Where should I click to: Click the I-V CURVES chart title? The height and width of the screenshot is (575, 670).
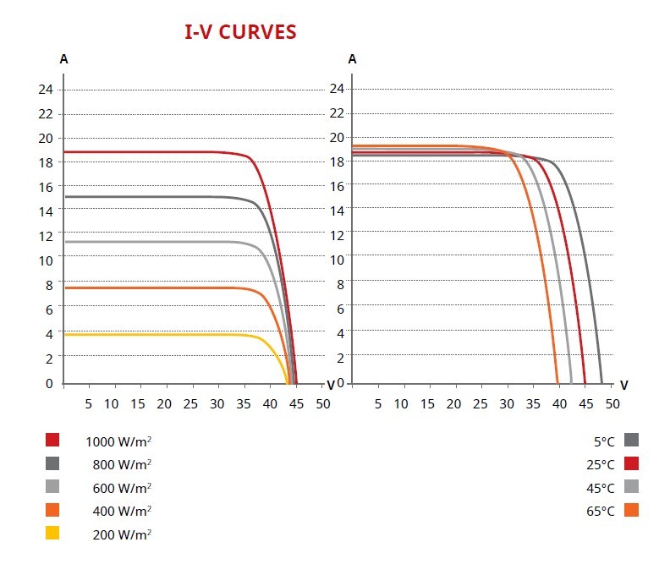click(240, 32)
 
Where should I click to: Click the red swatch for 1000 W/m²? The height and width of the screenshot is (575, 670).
click(52, 440)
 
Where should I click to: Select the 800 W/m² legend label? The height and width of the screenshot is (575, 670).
click(121, 464)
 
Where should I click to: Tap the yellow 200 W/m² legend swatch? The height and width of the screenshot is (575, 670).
click(52, 534)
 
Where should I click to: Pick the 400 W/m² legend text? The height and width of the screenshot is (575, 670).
click(121, 511)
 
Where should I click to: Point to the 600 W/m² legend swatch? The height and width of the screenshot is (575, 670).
click(52, 487)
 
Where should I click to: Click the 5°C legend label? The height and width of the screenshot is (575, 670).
click(603, 441)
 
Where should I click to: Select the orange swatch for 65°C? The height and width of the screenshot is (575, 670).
click(631, 511)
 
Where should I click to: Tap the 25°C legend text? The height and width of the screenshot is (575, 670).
click(600, 464)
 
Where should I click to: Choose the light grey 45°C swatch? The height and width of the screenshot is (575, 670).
click(631, 487)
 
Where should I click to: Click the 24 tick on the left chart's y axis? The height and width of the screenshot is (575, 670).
click(46, 89)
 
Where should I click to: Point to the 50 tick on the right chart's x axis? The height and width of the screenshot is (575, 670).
click(612, 403)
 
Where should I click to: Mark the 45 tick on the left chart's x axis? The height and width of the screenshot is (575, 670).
click(296, 403)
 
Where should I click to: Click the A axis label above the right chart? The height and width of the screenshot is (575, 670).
click(353, 59)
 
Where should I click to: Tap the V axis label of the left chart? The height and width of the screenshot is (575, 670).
click(331, 385)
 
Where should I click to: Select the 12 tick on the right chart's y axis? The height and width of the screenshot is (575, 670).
click(336, 235)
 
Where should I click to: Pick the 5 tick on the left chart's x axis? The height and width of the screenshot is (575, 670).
click(88, 403)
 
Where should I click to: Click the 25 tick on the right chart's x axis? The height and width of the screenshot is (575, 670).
click(481, 403)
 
